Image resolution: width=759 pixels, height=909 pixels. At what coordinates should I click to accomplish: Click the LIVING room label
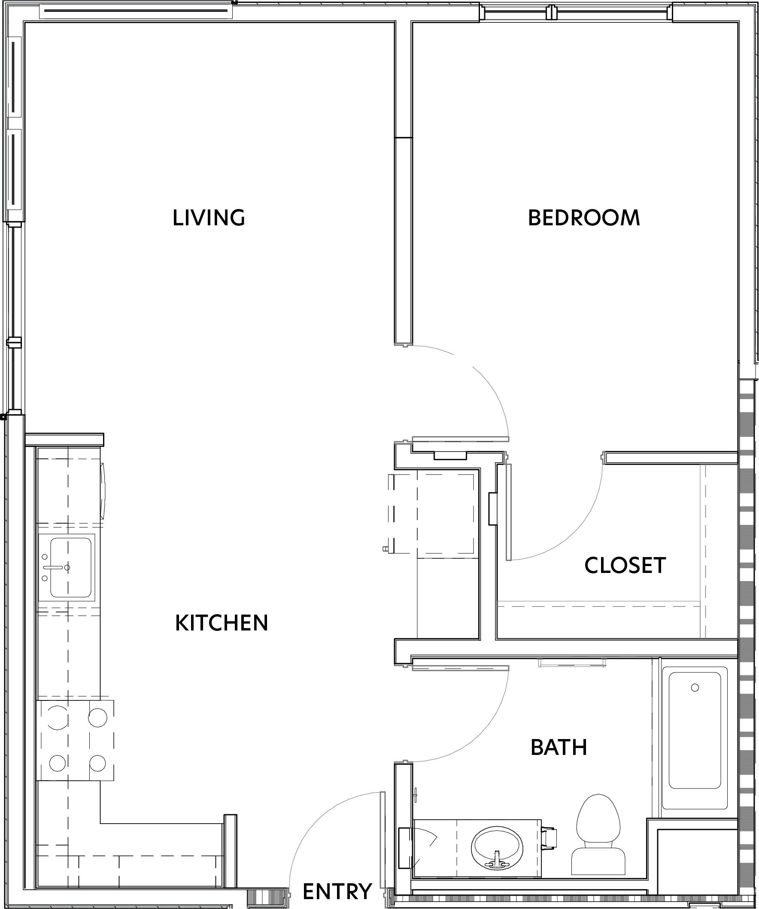[209, 218]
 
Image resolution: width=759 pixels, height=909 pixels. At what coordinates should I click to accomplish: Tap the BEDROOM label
[584, 218]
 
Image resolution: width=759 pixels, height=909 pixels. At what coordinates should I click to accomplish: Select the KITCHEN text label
[222, 623]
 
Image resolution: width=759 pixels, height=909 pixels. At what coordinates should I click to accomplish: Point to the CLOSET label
[625, 565]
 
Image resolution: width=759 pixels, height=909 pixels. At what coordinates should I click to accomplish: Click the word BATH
[559, 747]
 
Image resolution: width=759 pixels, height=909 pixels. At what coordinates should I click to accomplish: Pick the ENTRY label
[337, 891]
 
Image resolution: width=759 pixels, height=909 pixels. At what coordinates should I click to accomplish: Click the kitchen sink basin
[70, 567]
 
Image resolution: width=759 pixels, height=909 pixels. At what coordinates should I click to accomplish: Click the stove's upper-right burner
[97, 717]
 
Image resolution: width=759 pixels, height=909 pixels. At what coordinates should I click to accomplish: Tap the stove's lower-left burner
[57, 763]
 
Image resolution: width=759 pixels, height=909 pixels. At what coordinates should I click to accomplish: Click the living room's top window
[136, 12]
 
